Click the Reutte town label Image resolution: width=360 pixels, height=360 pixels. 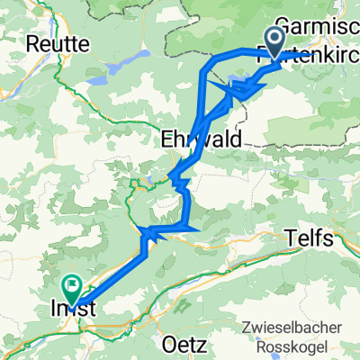[55, 42]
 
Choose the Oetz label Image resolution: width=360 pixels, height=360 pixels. [179, 345]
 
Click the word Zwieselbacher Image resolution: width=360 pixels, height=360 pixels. [293, 328]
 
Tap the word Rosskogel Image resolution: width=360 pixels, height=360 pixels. [293, 346]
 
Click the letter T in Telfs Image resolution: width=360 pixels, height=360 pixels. [290, 238]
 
